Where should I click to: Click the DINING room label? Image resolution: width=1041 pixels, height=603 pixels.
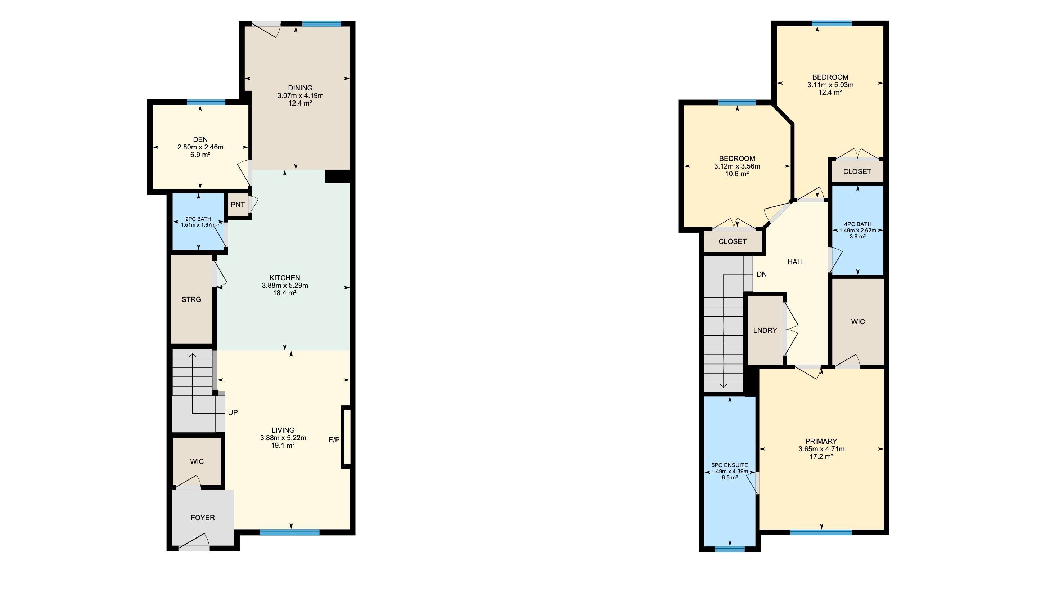coord(300,88)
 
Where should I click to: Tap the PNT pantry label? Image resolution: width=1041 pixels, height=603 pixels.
coord(238,205)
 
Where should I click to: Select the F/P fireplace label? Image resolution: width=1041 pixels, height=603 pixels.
coord(334,440)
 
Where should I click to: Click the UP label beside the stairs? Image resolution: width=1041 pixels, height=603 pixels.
coord(233,412)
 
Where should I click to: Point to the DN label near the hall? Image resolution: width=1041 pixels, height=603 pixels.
coord(761,274)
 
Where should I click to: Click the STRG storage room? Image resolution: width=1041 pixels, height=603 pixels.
coord(191,299)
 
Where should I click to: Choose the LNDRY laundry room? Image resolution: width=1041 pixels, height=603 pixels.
coord(765,330)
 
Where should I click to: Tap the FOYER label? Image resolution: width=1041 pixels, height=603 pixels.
coord(202,517)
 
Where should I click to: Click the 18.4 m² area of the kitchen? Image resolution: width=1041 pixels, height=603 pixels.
coord(285,293)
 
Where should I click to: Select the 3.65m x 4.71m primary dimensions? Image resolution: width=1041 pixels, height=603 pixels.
coord(821,449)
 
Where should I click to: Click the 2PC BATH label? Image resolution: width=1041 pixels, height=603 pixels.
coord(198,219)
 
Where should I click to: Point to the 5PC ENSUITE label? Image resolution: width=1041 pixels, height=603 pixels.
coord(730,465)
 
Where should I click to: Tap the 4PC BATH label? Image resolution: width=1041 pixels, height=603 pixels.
coord(857,224)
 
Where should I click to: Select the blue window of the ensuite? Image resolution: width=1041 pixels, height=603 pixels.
coord(730,549)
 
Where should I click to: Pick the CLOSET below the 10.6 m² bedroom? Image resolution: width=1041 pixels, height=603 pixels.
coord(732,241)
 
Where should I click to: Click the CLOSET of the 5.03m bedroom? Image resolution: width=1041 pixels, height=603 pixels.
coord(857,171)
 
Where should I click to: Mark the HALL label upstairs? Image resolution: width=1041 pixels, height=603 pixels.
coord(796,262)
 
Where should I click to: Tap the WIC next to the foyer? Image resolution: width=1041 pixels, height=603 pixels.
coord(197,461)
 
